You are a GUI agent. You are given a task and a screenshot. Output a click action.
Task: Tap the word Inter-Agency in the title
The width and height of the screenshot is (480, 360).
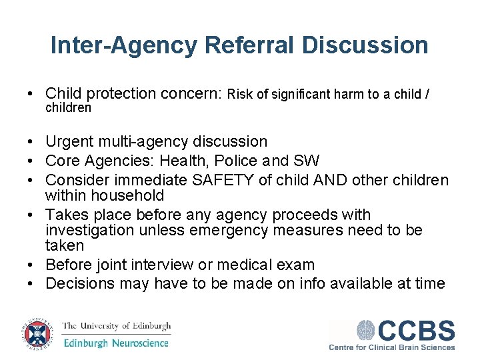(x=124, y=45)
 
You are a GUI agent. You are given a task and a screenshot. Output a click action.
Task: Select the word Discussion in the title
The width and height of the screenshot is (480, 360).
(x=365, y=45)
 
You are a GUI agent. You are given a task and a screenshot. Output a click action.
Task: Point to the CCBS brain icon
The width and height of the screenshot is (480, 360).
(x=367, y=331)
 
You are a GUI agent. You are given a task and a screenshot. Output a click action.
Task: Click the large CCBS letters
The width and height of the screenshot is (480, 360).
(x=417, y=331)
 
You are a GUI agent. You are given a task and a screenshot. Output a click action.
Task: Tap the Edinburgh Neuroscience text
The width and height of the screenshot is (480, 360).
(x=116, y=343)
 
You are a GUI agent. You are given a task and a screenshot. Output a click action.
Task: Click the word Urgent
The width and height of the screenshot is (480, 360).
(x=69, y=141)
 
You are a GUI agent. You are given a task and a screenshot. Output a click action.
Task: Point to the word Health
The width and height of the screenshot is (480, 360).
(x=184, y=161)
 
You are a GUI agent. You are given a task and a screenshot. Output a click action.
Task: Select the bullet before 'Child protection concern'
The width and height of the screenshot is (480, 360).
(x=31, y=94)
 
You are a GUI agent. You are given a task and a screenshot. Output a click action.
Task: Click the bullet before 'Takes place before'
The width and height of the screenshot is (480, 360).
(x=31, y=215)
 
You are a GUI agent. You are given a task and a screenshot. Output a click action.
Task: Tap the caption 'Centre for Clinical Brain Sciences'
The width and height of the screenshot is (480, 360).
(x=392, y=347)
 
